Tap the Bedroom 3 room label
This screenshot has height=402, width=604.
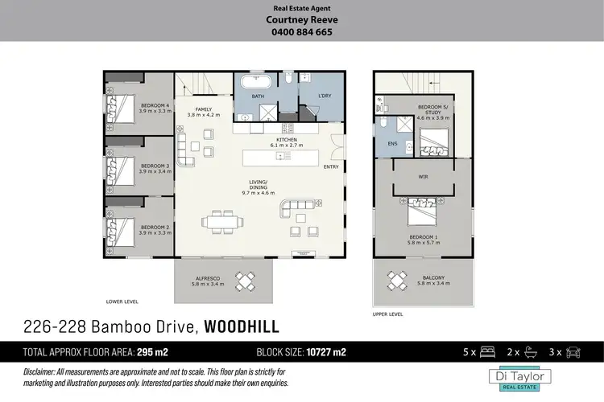155,167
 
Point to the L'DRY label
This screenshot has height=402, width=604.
314,97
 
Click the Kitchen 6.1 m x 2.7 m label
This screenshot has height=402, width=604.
287,142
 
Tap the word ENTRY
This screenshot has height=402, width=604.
331,167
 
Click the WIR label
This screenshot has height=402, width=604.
423,175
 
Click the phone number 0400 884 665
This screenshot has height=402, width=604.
301,33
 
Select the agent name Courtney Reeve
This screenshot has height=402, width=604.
301,22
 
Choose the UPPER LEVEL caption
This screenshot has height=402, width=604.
387,314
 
